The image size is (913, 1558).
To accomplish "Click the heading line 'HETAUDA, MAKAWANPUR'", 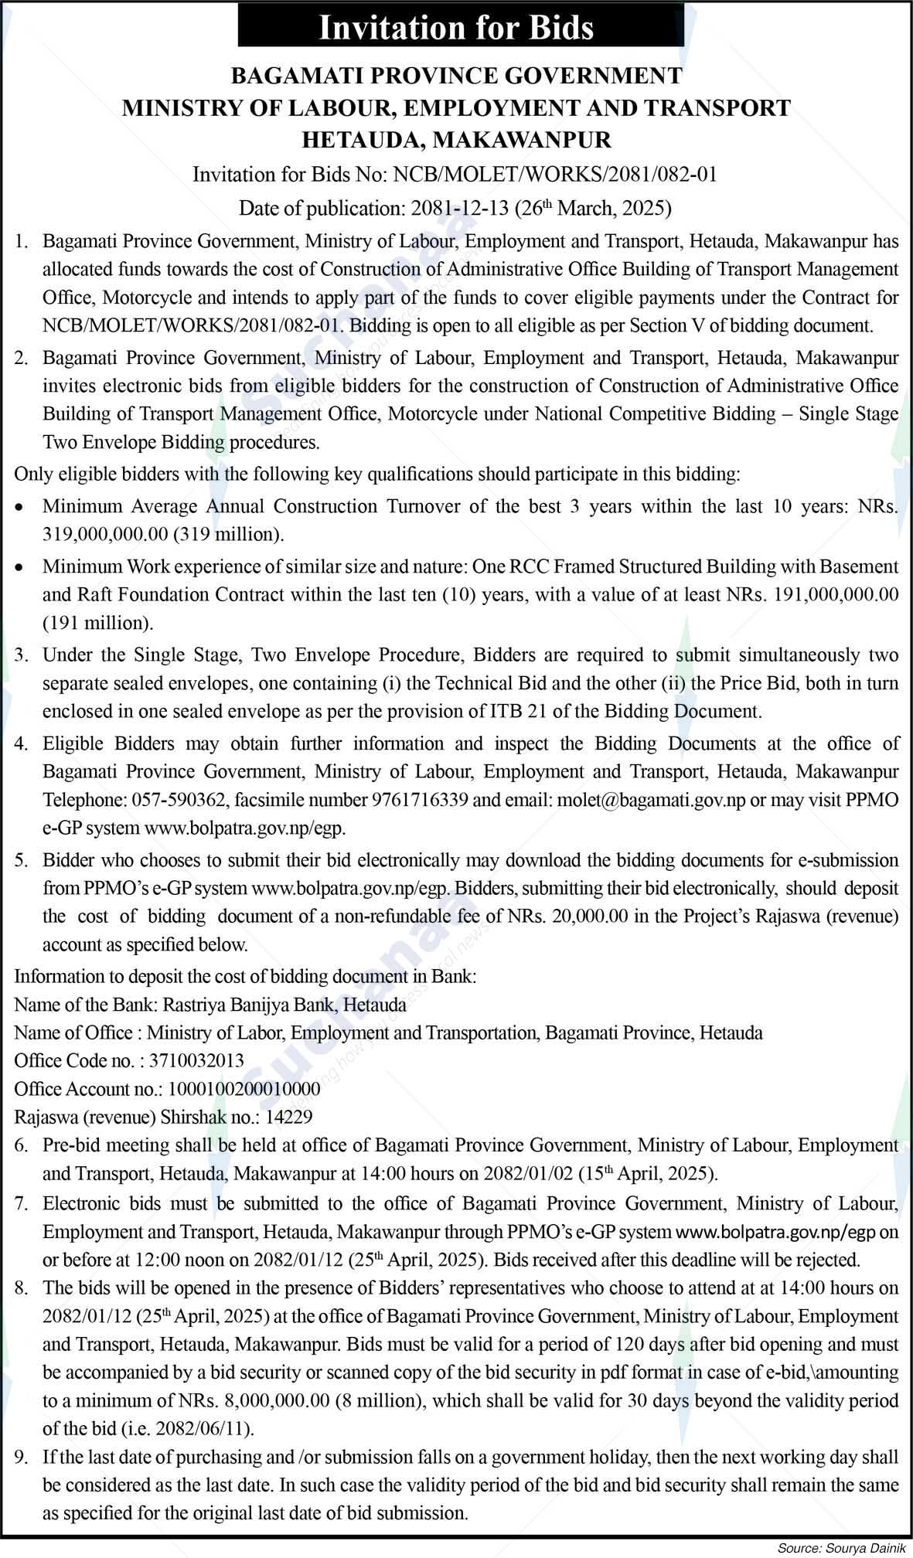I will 456,140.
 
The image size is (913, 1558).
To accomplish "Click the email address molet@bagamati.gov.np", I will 651,800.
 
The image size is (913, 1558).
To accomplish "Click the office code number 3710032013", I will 196,1061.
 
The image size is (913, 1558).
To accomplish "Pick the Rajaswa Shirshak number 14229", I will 288,1117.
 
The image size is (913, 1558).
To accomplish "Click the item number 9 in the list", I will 21,1458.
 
